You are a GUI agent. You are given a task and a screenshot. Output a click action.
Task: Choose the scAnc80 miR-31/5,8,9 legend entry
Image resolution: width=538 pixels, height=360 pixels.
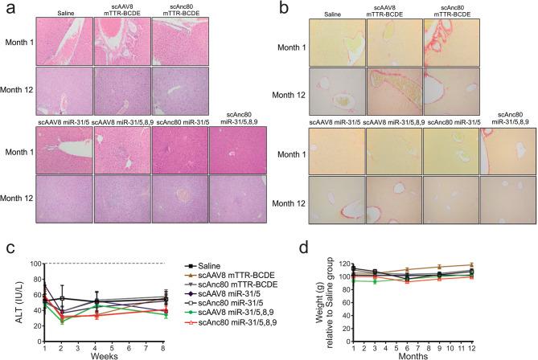tap(240, 341)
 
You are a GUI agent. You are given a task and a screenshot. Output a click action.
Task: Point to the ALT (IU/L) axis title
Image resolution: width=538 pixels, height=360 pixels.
tap(10, 303)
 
